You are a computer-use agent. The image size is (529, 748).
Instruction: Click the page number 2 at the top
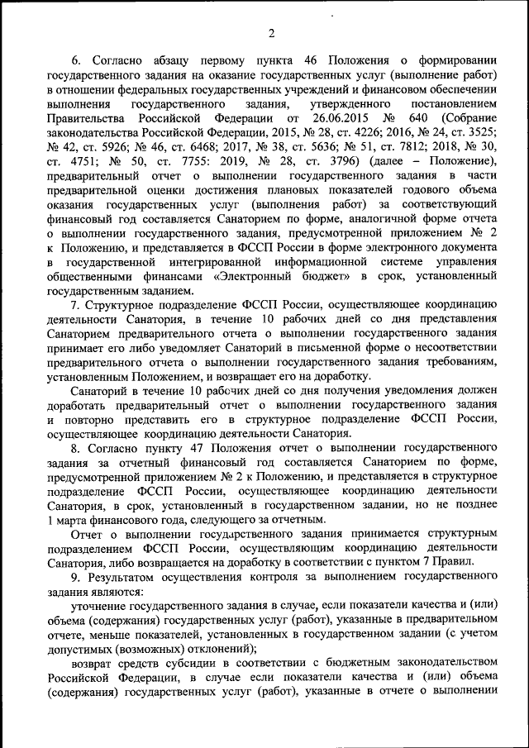click(x=270, y=33)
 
